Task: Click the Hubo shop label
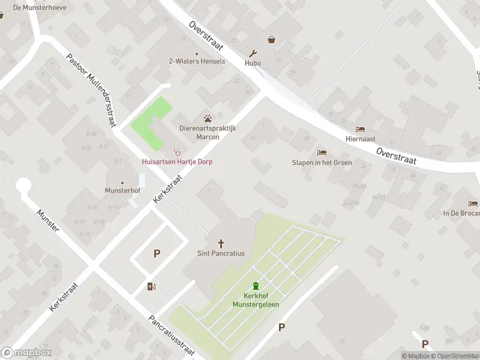pos(253,62)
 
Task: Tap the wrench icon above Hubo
pos(253,53)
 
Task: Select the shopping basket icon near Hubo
pos(272,40)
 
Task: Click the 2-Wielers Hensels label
pos(197,61)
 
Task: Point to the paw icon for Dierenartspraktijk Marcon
pos(208,118)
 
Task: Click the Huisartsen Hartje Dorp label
pos(177,162)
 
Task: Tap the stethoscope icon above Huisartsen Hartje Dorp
pos(177,151)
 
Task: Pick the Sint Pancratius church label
pos(221,253)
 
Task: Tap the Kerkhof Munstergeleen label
pos(256,301)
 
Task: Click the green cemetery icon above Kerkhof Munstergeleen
pos(256,286)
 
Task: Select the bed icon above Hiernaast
pos(360,129)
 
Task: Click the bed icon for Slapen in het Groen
pos(322,152)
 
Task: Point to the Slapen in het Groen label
pos(322,163)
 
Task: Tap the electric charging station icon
pos(151,286)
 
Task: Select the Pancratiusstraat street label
pos(174,337)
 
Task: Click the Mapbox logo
pos(26,353)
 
